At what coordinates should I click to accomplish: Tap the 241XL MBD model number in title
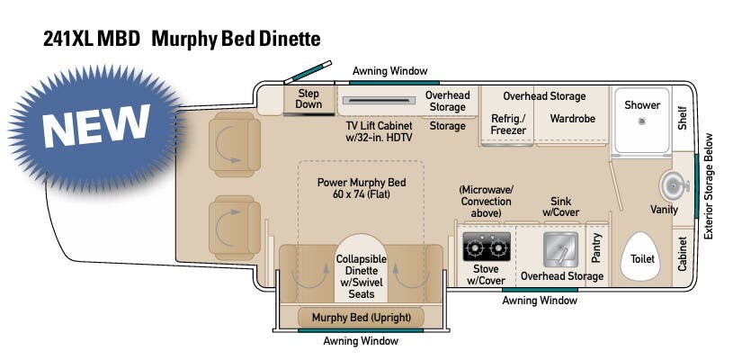click(x=91, y=39)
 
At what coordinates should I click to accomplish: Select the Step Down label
click(x=308, y=99)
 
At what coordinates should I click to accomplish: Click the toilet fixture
click(x=642, y=251)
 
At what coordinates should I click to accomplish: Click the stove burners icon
click(x=486, y=246)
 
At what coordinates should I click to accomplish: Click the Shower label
click(x=642, y=104)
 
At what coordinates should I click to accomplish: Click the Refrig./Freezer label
click(x=508, y=123)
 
